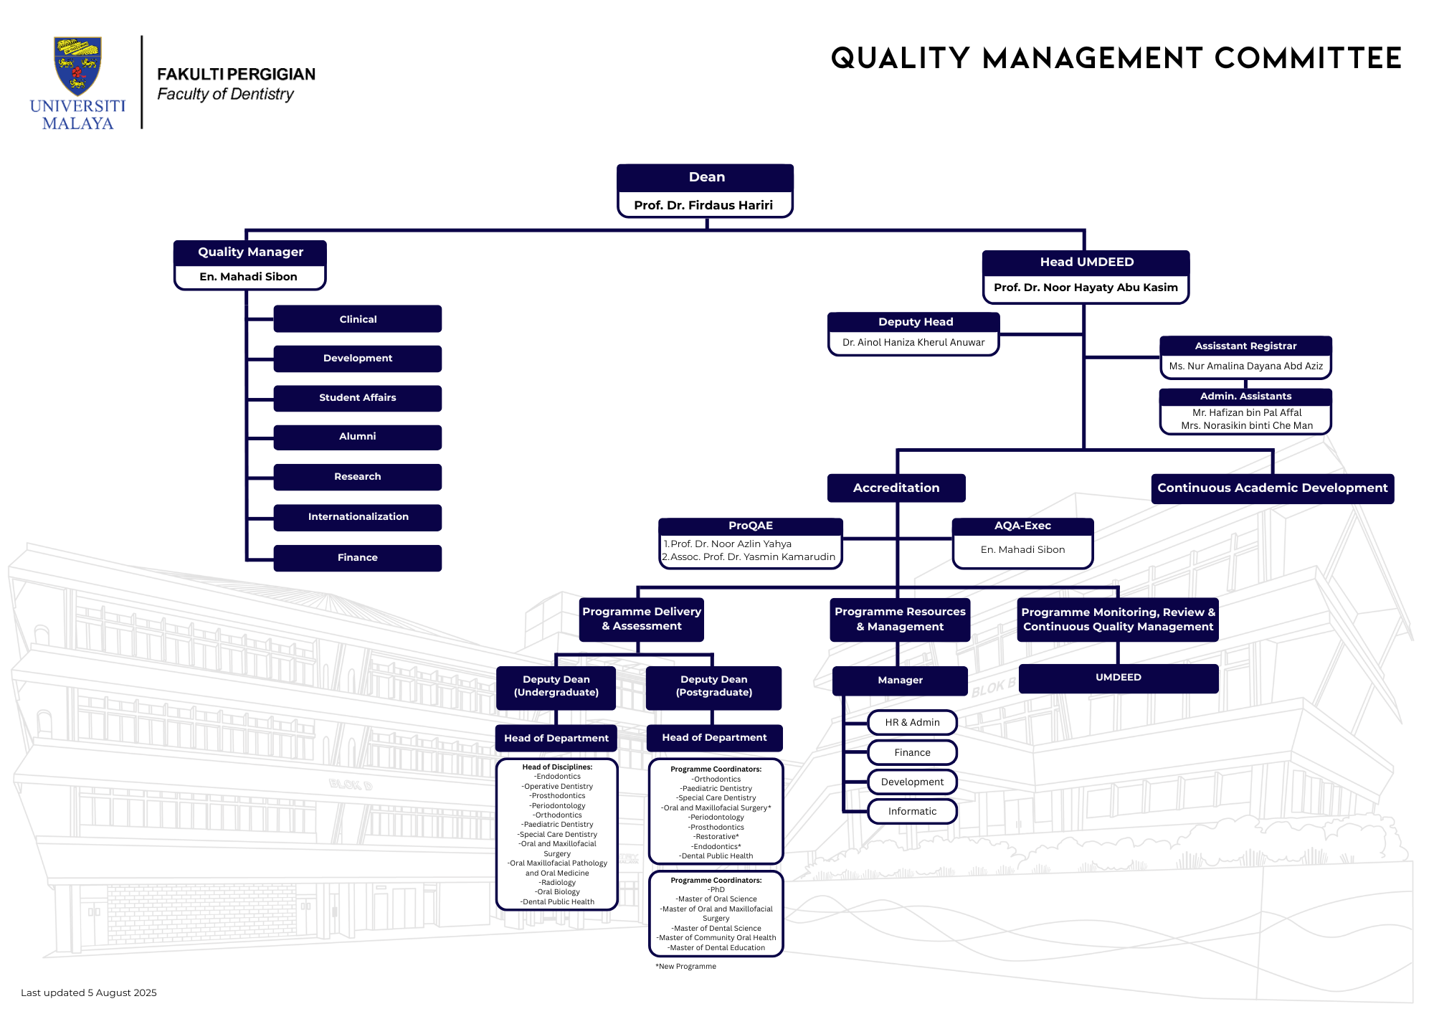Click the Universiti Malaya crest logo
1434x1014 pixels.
[x=77, y=66]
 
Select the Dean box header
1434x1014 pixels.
[x=706, y=177]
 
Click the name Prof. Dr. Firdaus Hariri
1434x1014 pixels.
[x=703, y=205]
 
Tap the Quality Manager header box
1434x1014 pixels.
[x=250, y=252]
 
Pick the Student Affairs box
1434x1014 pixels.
[x=358, y=398]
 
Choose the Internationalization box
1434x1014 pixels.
[x=358, y=517]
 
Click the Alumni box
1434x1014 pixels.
[x=358, y=437]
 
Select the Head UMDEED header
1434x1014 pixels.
[x=1086, y=262]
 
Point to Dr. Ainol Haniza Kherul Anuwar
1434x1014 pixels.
[x=913, y=343]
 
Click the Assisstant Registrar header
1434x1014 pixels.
[x=1246, y=346]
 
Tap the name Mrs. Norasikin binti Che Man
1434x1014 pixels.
[x=1247, y=426]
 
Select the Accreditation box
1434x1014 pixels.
[x=896, y=488]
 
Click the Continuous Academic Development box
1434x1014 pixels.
[x=1273, y=488]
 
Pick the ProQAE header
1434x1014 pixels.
[x=751, y=526]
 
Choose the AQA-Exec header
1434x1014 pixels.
[x=1022, y=526]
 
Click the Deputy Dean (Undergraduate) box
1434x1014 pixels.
[x=556, y=687]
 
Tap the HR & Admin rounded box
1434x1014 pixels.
[x=912, y=723]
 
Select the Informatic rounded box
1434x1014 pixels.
[x=912, y=812]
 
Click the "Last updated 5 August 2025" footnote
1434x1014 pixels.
[x=89, y=993]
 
